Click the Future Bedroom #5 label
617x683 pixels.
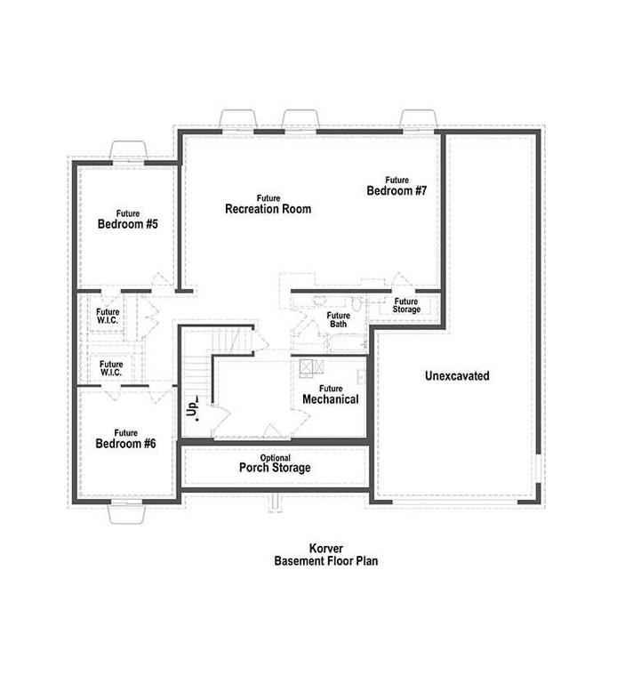point(127,220)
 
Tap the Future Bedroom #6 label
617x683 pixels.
point(126,438)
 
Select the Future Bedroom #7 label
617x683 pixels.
point(397,186)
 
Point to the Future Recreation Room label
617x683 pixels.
point(268,205)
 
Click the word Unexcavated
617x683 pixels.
point(456,376)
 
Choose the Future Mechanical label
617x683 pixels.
point(330,395)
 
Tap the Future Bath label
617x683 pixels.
point(338,319)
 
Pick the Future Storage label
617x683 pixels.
point(406,305)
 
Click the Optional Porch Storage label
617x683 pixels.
point(275,463)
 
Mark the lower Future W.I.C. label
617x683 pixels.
point(111,367)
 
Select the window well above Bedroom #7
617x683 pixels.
point(418,119)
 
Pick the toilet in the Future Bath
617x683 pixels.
point(356,305)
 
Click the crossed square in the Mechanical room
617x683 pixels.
point(308,366)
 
